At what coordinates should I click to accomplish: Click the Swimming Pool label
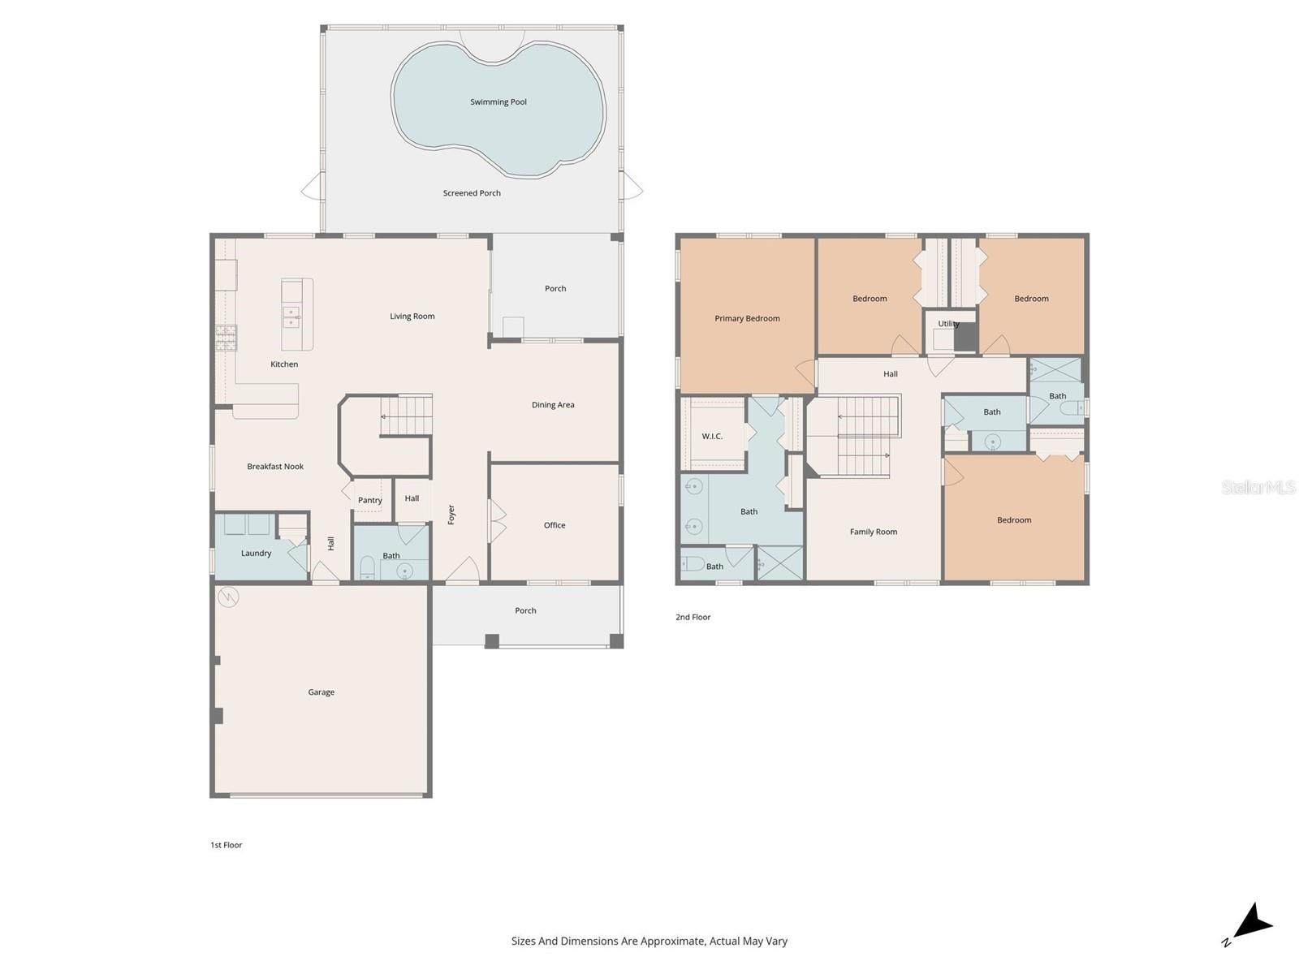click(x=498, y=102)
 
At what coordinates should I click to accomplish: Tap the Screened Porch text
click(x=472, y=193)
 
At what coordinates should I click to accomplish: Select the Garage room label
click(x=322, y=692)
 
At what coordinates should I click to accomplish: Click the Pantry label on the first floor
click(x=370, y=501)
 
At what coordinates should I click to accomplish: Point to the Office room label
click(x=555, y=525)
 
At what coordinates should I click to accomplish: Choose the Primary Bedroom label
click(x=747, y=318)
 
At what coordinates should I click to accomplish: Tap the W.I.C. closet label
click(x=712, y=437)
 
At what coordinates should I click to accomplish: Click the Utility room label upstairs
click(x=948, y=324)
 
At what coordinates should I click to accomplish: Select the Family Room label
click(x=874, y=532)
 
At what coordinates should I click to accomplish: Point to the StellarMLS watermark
click(x=1258, y=487)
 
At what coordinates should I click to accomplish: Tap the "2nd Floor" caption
click(x=693, y=617)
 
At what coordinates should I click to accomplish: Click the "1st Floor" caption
click(x=227, y=845)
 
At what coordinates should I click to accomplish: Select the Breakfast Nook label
click(x=275, y=467)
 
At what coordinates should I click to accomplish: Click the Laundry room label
click(x=256, y=554)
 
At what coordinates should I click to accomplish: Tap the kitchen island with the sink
click(x=297, y=304)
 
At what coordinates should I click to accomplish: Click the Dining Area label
click(x=553, y=405)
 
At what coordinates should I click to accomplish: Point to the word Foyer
click(x=451, y=515)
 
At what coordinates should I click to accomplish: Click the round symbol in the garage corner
click(x=228, y=597)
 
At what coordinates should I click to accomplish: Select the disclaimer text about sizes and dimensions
click(x=649, y=942)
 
